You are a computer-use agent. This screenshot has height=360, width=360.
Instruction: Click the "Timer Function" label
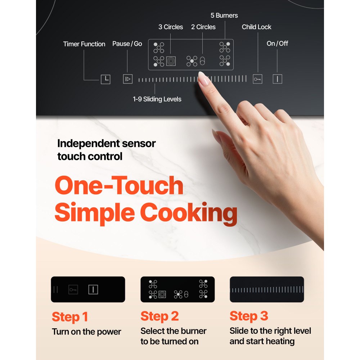pos(84,44)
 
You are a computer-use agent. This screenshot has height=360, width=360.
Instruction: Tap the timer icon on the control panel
pos(105,79)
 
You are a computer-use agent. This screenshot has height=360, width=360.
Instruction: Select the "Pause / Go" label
pos(127,44)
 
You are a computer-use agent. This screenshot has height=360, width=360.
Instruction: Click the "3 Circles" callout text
pos(171,27)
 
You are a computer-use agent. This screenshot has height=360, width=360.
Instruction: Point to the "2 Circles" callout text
pos(203,27)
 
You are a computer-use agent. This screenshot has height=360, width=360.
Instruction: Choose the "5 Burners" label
pos(224,16)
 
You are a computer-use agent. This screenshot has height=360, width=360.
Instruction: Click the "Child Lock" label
pos(256,27)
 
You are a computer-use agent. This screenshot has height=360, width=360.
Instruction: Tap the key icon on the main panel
pos(257,79)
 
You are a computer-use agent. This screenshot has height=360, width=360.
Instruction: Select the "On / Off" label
pos(277,44)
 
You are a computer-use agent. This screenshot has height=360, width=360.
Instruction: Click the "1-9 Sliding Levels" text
pos(157,99)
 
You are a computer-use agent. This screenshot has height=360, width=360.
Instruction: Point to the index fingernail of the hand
pos(203,78)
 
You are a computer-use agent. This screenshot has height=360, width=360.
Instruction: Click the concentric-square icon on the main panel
pos(171,62)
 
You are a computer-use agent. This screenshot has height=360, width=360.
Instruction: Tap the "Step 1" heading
pos(70,317)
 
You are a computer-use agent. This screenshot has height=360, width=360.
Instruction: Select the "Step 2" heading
pos(159,316)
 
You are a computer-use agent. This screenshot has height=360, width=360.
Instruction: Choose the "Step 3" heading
pos(249,316)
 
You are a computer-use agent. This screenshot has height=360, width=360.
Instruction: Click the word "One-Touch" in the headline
pos(119,186)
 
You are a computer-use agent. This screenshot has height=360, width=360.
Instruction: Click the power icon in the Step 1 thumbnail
pos(93,289)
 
